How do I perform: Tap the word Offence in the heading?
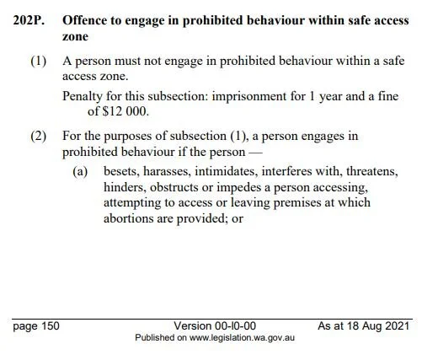[89, 18]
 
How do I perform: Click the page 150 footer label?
[35, 325]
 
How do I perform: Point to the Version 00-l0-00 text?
[215, 325]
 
